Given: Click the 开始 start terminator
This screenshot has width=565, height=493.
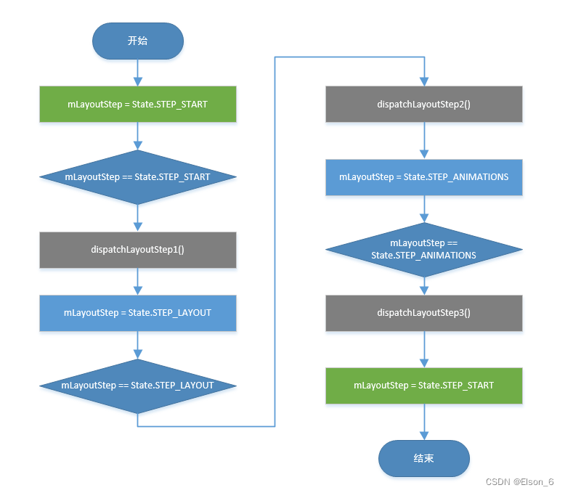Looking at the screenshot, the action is pos(138,41).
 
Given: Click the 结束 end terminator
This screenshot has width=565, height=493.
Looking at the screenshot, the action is pos(424,458).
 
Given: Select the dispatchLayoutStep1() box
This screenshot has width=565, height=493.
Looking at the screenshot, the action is pos(138,250).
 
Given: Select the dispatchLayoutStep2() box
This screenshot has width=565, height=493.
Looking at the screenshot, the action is pos(424,104).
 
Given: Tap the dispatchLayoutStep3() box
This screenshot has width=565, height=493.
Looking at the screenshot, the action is pos(424,313).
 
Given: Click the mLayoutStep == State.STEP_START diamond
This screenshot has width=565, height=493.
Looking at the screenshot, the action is pos(138,177).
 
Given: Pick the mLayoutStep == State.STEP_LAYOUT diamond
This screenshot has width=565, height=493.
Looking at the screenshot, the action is pos(138,386).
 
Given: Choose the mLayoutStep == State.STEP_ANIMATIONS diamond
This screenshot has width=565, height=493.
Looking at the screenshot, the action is pos(424,250).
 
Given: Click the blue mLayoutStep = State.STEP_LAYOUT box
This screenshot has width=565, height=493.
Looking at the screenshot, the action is pos(138,313).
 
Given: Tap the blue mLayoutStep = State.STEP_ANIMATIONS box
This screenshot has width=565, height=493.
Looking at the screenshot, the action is pos(424,177).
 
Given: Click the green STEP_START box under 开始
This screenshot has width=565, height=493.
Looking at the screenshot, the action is pos(138,104).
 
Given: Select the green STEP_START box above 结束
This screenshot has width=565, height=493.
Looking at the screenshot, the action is pos(424,386).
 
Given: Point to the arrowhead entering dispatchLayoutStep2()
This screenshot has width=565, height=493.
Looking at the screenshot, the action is pos(424,82).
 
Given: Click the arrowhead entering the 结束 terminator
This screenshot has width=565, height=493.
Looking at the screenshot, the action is pos(424,436).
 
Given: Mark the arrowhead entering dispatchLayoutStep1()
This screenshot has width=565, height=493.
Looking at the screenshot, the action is pos(138,227).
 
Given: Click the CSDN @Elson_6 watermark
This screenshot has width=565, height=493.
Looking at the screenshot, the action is pos(519,482).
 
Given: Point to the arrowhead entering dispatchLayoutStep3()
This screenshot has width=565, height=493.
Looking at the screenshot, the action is pos(424,291).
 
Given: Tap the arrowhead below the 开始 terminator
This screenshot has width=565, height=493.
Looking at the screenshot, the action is pos(138,82).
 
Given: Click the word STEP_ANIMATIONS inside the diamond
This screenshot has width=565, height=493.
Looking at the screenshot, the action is pos(448,256).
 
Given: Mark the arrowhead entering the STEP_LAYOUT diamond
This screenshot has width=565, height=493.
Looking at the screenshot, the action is pos(138,354).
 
